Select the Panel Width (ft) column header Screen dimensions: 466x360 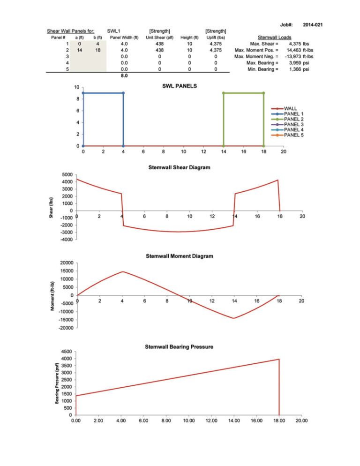click(124, 38)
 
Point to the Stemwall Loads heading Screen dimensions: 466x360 click(275, 38)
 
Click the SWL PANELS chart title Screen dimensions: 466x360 click(180, 87)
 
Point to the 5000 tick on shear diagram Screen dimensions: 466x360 click(67, 175)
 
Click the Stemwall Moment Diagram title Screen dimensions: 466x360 click(180, 256)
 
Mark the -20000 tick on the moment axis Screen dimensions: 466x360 click(65, 328)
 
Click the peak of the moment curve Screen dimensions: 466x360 click(123, 271)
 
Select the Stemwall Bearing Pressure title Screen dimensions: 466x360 click(179, 346)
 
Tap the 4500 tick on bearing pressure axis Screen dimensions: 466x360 click(66, 352)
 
